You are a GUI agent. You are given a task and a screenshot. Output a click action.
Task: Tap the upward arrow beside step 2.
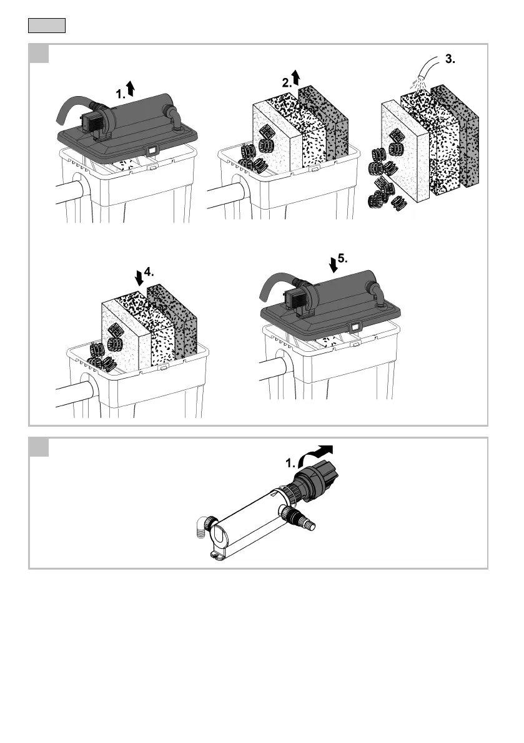point(296,77)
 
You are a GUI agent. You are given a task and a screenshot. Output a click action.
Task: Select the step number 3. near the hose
point(451,60)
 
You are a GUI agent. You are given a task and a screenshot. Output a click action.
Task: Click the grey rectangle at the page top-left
point(47,26)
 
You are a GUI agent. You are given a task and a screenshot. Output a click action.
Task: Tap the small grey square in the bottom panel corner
point(40,447)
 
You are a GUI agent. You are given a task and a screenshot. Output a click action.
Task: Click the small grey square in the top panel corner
point(40,54)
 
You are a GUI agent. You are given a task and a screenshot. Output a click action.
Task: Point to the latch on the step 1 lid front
point(151,150)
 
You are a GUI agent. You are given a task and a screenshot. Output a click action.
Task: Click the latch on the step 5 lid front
point(355,326)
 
